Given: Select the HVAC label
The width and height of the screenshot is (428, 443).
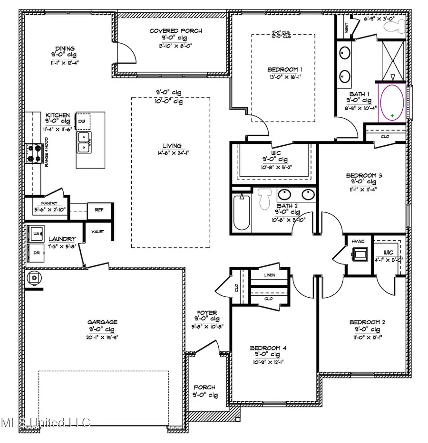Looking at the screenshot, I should [x=357, y=242].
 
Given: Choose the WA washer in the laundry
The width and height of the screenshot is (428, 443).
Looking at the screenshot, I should [x=36, y=233].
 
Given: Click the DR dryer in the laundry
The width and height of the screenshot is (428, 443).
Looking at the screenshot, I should [x=36, y=253].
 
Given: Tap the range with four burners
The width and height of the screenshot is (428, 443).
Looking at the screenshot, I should [x=34, y=153].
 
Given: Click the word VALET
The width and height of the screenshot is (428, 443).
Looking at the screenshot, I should [x=97, y=232].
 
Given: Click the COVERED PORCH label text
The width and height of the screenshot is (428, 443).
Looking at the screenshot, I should [x=175, y=31].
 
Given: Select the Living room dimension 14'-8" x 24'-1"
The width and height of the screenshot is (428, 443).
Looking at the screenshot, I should [x=171, y=152].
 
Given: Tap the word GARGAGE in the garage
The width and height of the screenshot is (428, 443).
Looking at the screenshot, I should [x=102, y=322].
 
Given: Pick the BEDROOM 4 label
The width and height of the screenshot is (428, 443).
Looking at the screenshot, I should [x=268, y=348].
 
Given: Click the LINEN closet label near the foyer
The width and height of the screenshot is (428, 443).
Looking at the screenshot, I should [x=269, y=275].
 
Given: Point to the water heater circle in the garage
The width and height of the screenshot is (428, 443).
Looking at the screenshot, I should [x=34, y=278].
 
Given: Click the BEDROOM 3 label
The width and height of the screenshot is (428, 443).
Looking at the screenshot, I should [x=364, y=175].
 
